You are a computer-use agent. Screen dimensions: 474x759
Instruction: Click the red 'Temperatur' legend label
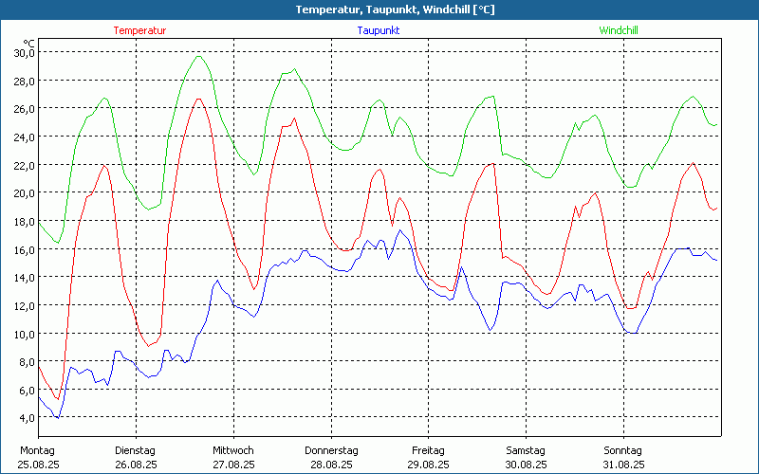click(x=139, y=30)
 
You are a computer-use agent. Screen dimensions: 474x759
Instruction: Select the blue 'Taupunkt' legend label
click(x=378, y=30)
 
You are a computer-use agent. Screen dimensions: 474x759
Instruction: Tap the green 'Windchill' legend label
click(x=618, y=30)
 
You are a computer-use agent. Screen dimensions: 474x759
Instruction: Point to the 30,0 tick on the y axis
click(x=24, y=52)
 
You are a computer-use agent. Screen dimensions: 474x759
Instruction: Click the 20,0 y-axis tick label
click(x=24, y=192)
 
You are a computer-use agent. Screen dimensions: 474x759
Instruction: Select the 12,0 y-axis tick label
click(x=24, y=305)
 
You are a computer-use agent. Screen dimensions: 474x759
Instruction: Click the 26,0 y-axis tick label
click(x=24, y=108)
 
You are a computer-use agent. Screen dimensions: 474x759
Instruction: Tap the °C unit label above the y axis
click(x=29, y=43)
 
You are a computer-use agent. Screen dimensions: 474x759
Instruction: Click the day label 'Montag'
click(x=38, y=450)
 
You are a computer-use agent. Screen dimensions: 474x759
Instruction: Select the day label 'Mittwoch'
click(x=233, y=450)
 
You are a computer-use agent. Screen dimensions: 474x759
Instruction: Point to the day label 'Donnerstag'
click(x=331, y=450)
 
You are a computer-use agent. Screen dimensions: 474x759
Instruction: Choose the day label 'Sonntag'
click(x=623, y=450)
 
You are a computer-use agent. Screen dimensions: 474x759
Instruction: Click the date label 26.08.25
click(x=136, y=465)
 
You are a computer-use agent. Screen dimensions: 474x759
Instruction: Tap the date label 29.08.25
click(x=428, y=465)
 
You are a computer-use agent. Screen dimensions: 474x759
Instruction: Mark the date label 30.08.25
click(x=526, y=465)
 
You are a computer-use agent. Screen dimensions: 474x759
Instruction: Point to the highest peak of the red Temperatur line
click(x=199, y=99)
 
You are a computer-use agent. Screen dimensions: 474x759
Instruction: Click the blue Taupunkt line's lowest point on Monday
click(x=58, y=417)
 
